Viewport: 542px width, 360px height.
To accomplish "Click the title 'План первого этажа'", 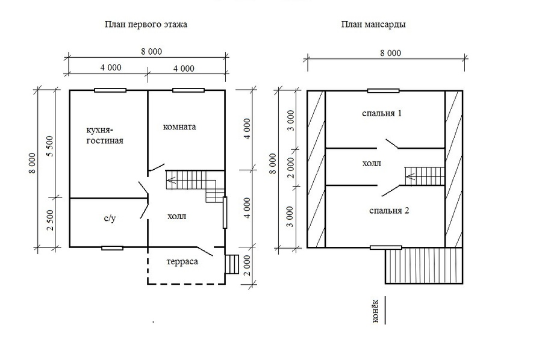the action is point(146,25).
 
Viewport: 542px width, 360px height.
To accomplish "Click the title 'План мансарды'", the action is point(373,25).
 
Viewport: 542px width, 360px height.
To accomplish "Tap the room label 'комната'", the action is point(179,127).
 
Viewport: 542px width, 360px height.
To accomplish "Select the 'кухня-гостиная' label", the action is point(105,135).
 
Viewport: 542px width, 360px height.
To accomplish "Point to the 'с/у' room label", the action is point(110,219).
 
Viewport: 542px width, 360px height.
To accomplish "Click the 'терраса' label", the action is point(182,261).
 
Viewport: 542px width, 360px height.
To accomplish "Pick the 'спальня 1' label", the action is point(382,113).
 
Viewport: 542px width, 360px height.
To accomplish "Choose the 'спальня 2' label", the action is point(389,211).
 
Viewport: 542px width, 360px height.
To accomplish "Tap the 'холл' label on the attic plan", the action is point(372,163).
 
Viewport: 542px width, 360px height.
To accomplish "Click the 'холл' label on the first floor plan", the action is point(176,217).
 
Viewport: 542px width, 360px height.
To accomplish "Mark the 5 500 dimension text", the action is point(50,146).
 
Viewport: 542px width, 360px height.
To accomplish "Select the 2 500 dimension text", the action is point(50,221).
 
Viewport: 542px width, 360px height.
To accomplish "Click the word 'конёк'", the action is point(376,311).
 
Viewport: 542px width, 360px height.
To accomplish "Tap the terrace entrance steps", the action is point(232,264).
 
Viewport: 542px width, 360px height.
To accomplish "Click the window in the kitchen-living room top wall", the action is point(110,90).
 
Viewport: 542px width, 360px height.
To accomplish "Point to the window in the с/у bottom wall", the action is point(113,247).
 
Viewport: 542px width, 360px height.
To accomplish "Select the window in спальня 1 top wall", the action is point(384,91).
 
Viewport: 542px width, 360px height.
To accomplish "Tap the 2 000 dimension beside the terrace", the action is point(247,265).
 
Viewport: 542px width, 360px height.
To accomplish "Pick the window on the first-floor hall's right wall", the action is point(225,213).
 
